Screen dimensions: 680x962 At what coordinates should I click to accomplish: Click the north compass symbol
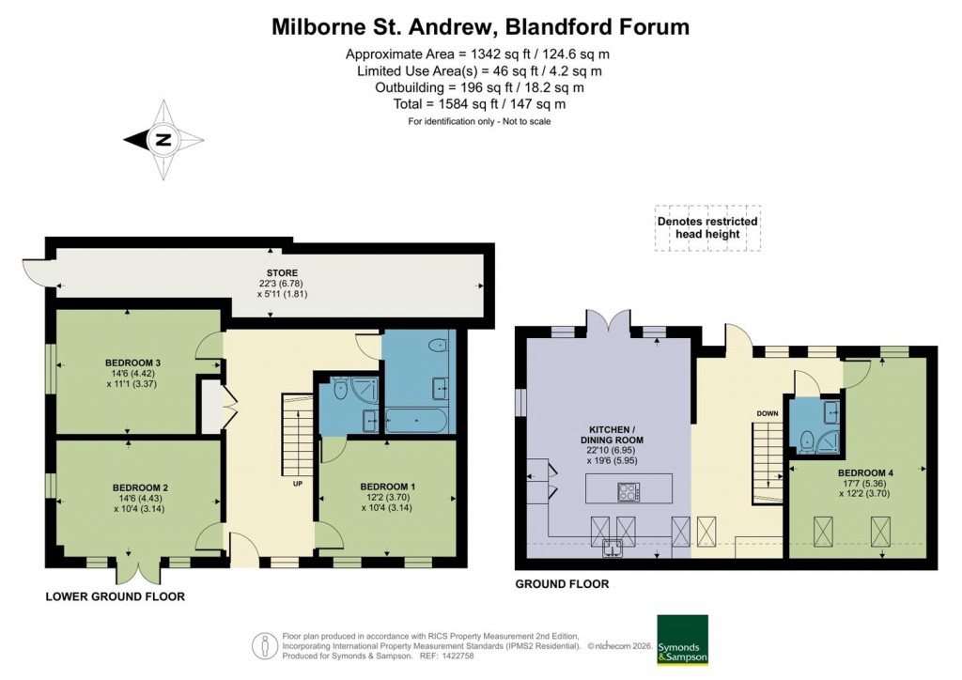coord(163,141)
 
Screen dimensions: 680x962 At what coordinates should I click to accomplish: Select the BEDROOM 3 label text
coord(132,363)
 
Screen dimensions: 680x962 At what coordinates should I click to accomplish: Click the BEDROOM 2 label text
coord(140,487)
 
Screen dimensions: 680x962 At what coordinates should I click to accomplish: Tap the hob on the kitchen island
coord(628,490)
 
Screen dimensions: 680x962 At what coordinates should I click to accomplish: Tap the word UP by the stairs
coord(298,485)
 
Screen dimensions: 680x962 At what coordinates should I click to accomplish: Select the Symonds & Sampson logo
coord(681,640)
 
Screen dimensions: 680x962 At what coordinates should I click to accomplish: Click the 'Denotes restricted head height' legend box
coord(707,227)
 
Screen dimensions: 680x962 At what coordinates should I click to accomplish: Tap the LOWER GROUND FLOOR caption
coord(115,596)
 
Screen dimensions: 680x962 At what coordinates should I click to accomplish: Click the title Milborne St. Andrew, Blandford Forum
coord(480,26)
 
